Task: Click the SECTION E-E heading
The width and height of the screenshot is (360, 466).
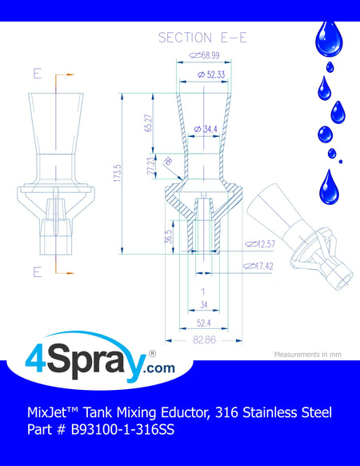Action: (202, 38)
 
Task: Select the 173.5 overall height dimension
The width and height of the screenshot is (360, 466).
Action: (118, 173)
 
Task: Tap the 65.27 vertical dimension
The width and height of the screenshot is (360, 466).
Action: (149, 123)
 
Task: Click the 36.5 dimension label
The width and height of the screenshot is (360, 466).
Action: (169, 236)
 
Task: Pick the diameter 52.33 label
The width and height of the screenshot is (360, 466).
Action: (211, 74)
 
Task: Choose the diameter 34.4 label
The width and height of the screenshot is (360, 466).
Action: (206, 129)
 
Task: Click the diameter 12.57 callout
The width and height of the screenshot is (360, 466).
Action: (260, 244)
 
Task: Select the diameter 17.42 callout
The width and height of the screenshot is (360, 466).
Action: (258, 266)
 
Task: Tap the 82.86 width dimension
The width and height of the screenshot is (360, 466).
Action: (204, 339)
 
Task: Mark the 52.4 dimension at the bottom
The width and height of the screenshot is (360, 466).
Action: (204, 323)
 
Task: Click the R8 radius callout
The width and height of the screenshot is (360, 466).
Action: (169, 161)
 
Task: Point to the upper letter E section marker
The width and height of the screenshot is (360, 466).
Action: (37, 74)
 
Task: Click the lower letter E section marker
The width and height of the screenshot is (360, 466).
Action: (37, 271)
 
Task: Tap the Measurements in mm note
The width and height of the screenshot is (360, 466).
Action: (308, 354)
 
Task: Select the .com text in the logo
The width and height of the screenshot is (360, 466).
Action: (159, 368)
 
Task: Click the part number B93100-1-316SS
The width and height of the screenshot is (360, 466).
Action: (122, 429)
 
